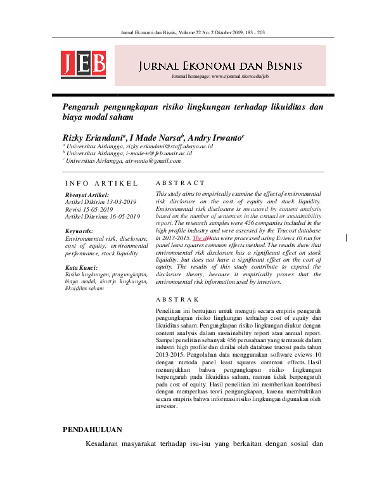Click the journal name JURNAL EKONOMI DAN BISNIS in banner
point(220,66)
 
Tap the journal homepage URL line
point(220,77)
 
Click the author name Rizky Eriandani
point(93,137)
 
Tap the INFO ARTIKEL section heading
point(101,183)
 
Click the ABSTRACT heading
point(180,183)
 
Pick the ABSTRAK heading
point(178,298)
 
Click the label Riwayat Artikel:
point(87,195)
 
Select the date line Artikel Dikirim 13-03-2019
point(101,202)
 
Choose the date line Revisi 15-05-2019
point(89,209)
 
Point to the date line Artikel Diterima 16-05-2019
point(103,216)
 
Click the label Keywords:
point(79,232)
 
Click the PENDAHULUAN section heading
point(92,412)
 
